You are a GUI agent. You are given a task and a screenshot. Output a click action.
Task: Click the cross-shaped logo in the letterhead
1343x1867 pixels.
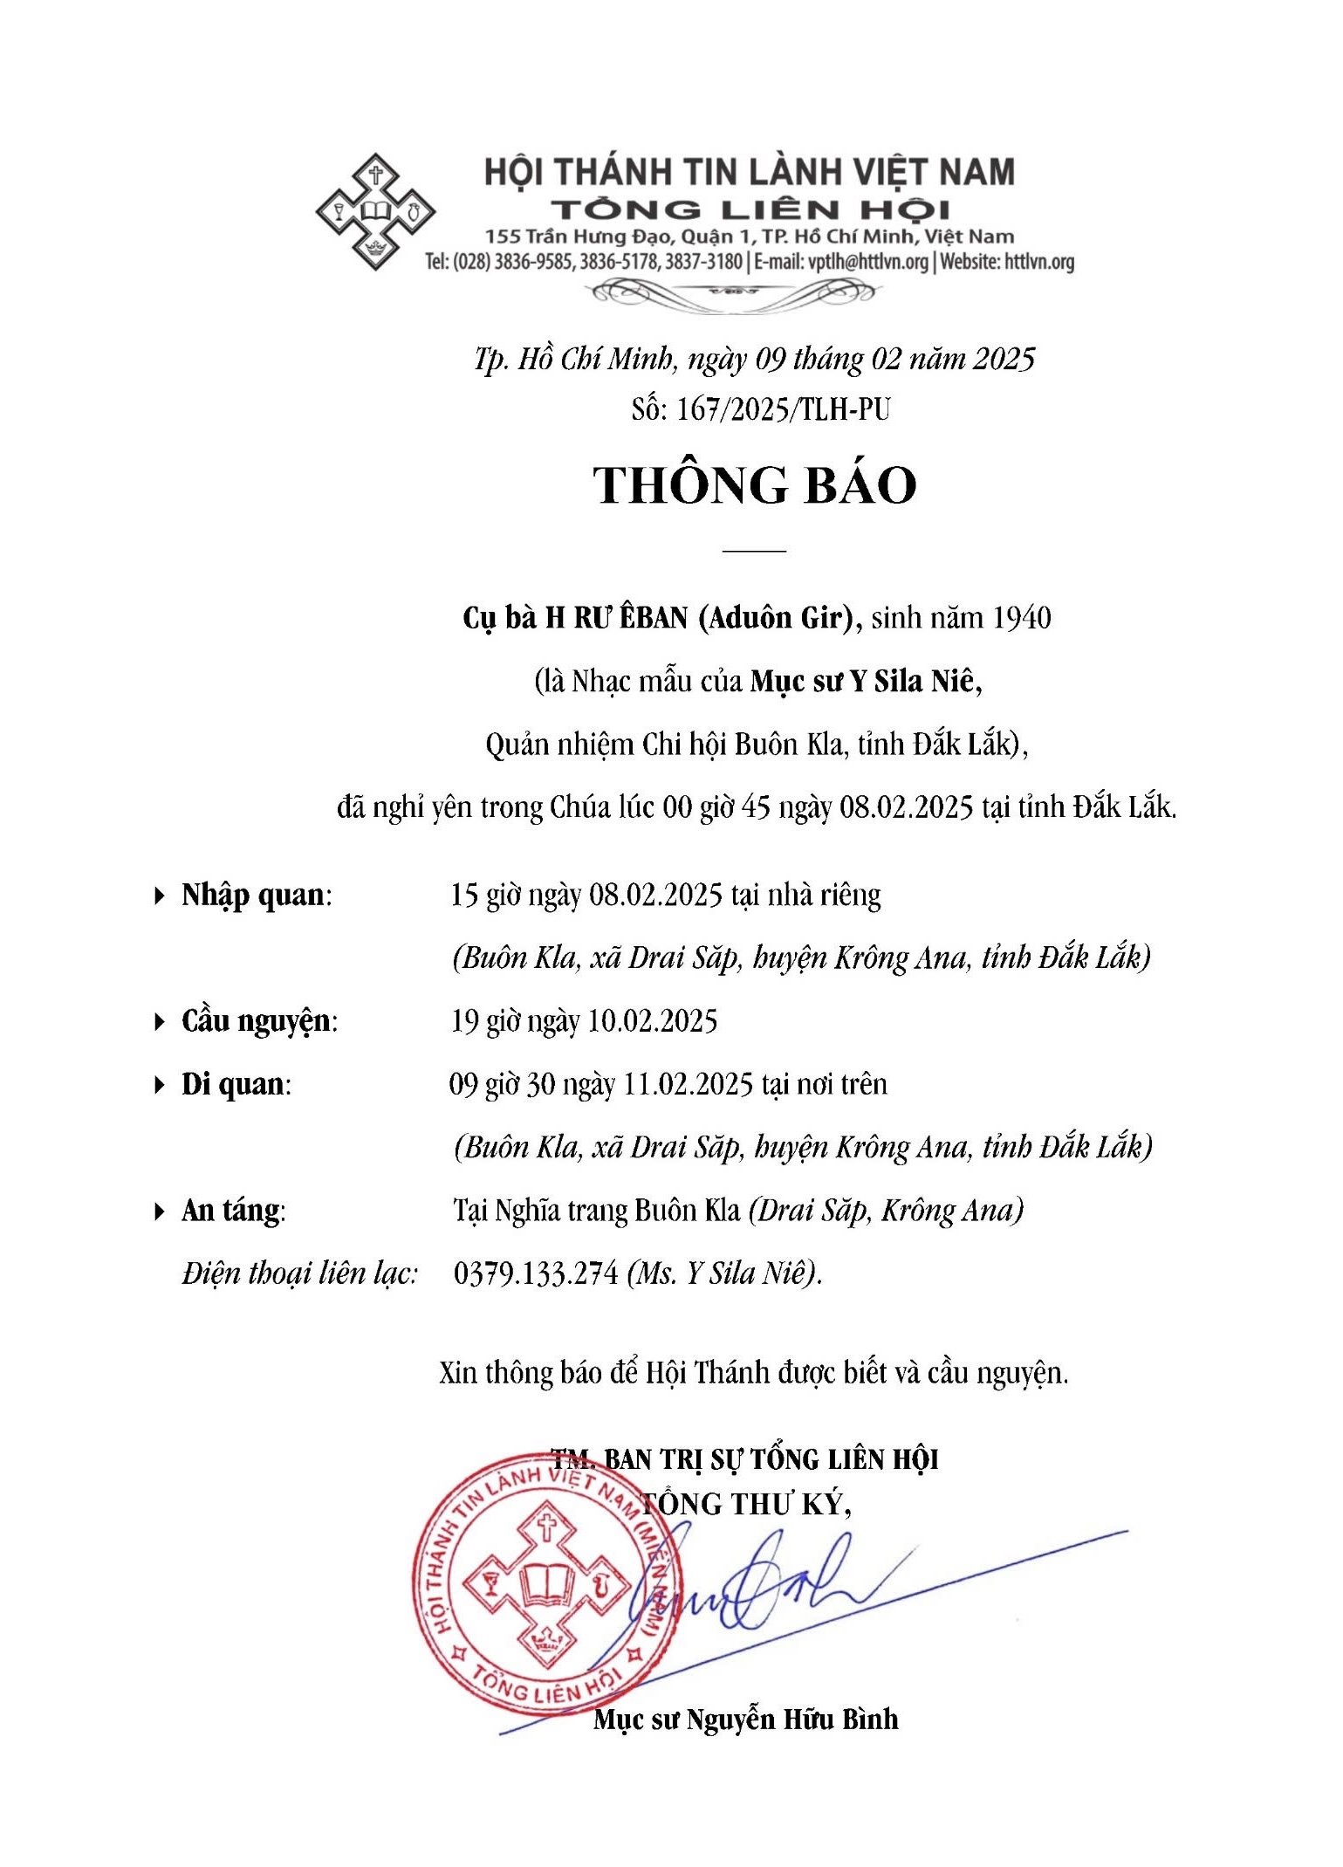tap(375, 211)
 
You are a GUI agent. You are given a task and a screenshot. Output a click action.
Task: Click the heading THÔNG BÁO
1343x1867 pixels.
tap(755, 486)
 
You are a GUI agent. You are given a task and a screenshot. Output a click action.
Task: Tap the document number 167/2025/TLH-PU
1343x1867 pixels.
tap(783, 409)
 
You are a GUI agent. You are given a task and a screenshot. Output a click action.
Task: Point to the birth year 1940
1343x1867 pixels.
tap(1022, 618)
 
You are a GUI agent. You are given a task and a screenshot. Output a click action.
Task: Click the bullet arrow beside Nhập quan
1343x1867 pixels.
tap(159, 896)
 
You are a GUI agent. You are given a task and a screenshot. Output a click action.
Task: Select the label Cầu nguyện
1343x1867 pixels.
tap(257, 1021)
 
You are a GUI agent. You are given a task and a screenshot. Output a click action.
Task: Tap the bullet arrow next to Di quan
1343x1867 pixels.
tap(159, 1085)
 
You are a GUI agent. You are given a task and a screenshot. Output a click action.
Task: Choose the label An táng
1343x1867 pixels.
tap(231, 1211)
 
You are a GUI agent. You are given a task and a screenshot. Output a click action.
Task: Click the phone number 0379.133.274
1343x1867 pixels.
tap(536, 1273)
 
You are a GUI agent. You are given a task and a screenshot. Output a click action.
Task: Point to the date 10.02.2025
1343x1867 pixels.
tap(653, 1021)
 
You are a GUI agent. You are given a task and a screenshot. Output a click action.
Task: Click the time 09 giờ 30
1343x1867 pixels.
tap(502, 1085)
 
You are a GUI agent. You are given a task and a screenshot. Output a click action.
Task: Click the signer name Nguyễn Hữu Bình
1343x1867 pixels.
tap(792, 1719)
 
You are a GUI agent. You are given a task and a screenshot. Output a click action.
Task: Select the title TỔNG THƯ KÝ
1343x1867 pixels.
tap(746, 1503)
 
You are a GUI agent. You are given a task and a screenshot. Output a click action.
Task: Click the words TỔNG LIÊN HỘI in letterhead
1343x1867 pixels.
tap(750, 209)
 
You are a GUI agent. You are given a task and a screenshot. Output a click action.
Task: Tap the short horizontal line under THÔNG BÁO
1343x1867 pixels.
tap(755, 551)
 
